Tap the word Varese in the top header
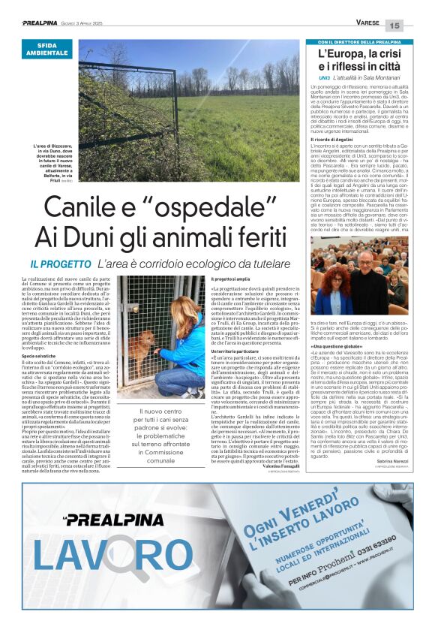coord(367,23)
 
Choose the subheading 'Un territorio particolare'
coord(235,351)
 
